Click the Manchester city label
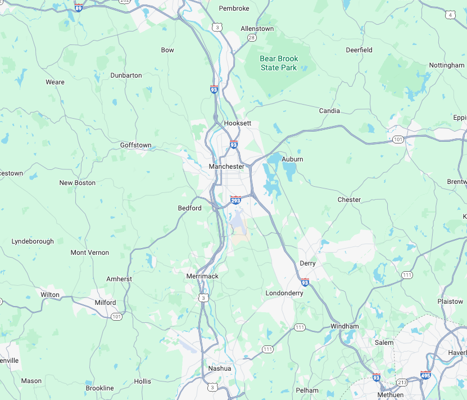(x=226, y=167)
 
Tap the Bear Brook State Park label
(x=279, y=63)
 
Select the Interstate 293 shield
(x=235, y=200)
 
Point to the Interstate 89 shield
(x=79, y=7)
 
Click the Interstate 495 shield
(x=425, y=375)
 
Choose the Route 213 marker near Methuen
(x=401, y=383)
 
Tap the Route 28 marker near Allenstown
(x=252, y=37)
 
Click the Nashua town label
(x=219, y=368)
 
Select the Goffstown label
(x=135, y=145)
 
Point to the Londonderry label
(x=284, y=293)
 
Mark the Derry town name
(x=307, y=263)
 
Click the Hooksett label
(x=237, y=123)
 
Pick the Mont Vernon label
(x=90, y=253)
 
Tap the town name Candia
(x=329, y=111)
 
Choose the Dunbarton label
(x=126, y=75)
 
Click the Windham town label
(x=344, y=326)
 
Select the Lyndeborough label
(x=33, y=241)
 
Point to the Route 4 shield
(x=450, y=15)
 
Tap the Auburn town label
(x=292, y=159)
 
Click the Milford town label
(x=105, y=303)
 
